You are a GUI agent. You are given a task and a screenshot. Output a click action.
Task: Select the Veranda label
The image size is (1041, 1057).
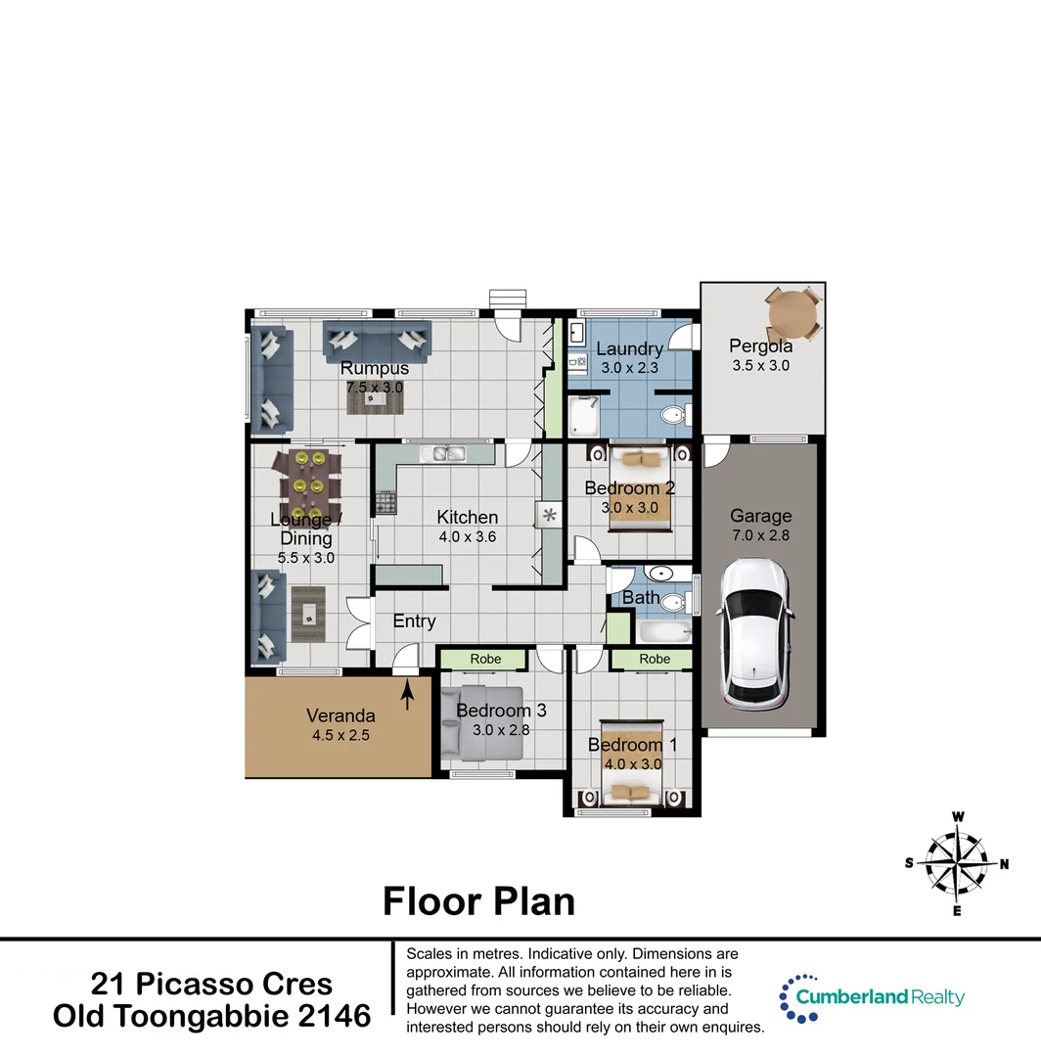(x=339, y=715)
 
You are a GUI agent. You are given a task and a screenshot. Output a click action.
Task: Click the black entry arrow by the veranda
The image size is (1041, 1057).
(x=407, y=695)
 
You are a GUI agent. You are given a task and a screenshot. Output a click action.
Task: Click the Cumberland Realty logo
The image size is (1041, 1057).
(x=871, y=997)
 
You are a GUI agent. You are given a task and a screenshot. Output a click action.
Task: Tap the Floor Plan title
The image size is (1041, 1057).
(x=478, y=900)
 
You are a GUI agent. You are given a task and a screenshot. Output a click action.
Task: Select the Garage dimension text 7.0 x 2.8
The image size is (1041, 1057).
(x=760, y=535)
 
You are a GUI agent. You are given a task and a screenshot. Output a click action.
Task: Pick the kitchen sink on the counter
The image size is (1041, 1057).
(x=449, y=453)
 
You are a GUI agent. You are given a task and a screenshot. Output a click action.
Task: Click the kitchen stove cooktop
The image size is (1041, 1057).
(x=385, y=503)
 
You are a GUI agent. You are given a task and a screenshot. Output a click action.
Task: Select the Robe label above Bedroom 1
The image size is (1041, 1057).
(x=655, y=660)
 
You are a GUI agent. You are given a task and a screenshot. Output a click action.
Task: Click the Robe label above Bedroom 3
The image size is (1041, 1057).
(x=485, y=660)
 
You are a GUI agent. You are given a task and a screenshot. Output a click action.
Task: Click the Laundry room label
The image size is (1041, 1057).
(x=629, y=348)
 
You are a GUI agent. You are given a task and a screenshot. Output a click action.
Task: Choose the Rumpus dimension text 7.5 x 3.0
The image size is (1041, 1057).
(x=374, y=388)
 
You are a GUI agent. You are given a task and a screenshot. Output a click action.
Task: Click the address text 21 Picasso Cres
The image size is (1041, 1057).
(x=211, y=984)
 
